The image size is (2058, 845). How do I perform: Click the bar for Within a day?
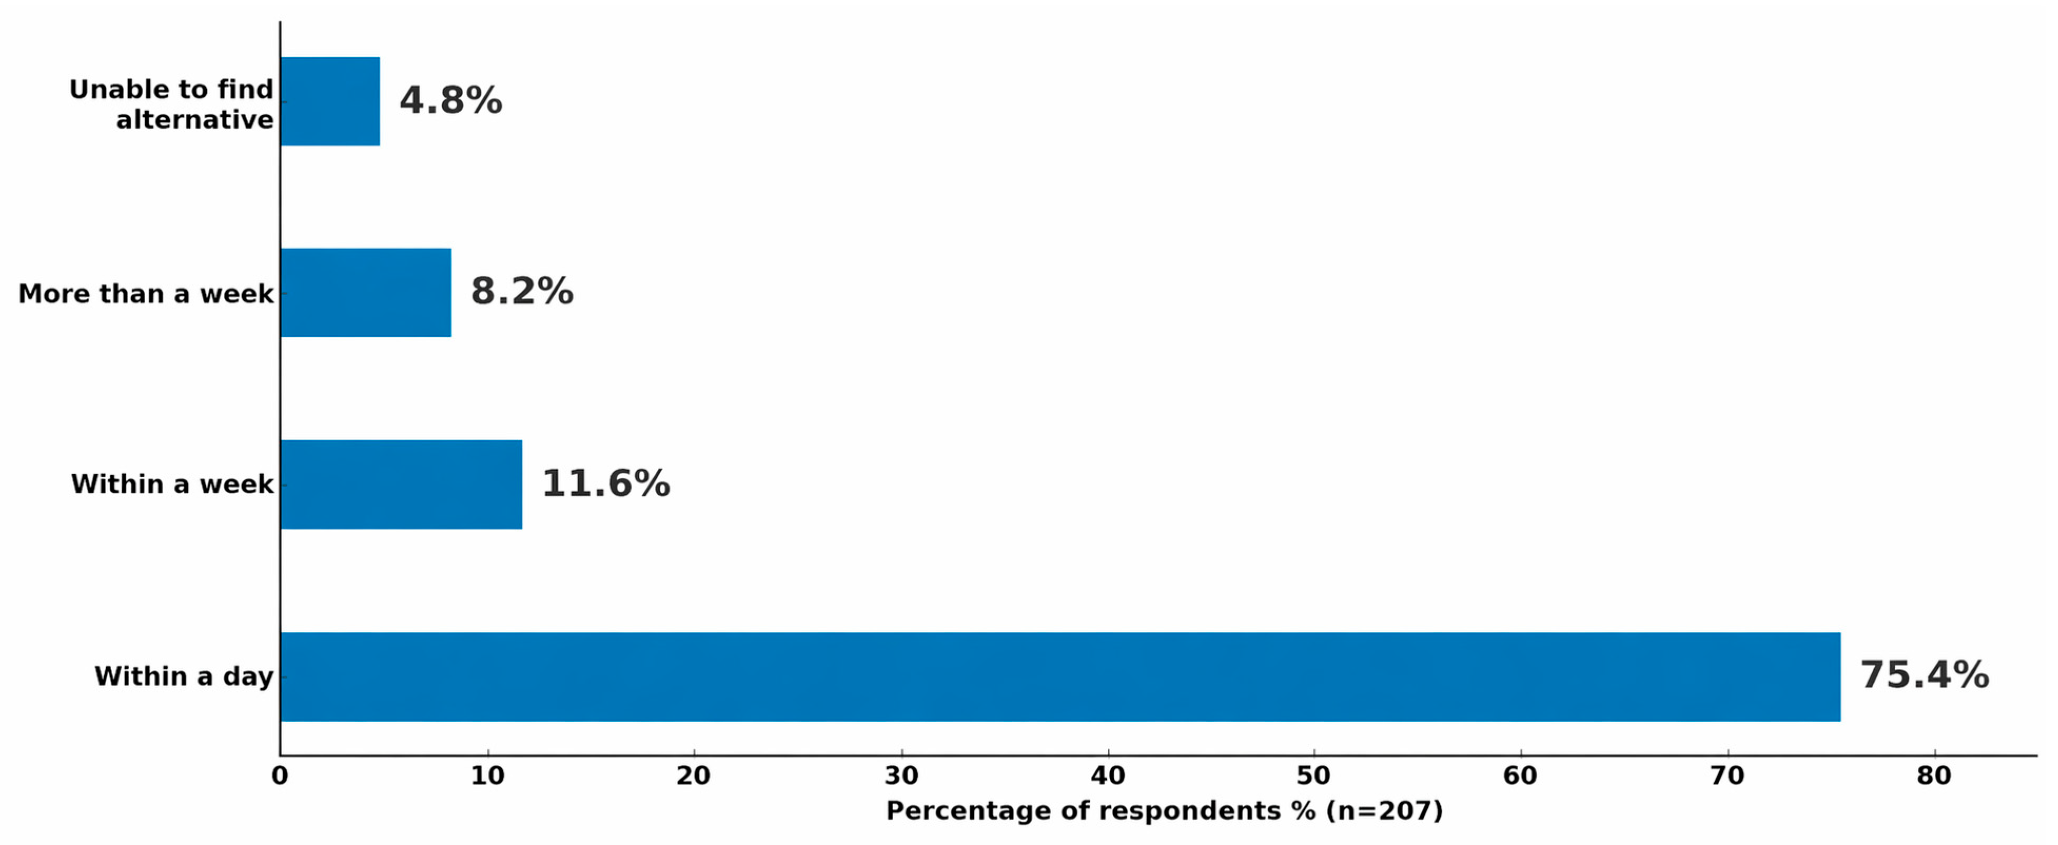pyautogui.click(x=1060, y=677)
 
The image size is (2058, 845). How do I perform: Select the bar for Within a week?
pyautogui.click(x=401, y=484)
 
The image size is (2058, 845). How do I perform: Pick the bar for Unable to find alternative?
pyautogui.click(x=330, y=102)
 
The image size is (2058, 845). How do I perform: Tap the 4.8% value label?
pyautogui.click(x=450, y=100)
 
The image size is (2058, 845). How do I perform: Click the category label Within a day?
pyautogui.click(x=184, y=677)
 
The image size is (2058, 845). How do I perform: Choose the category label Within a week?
pyautogui.click(x=172, y=484)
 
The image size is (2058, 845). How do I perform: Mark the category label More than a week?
pyautogui.click(x=146, y=293)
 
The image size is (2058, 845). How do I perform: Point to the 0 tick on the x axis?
pyautogui.click(x=279, y=776)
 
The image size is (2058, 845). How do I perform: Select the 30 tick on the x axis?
pyautogui.click(x=901, y=776)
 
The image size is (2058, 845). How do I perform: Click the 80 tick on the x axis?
pyautogui.click(x=1934, y=776)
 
